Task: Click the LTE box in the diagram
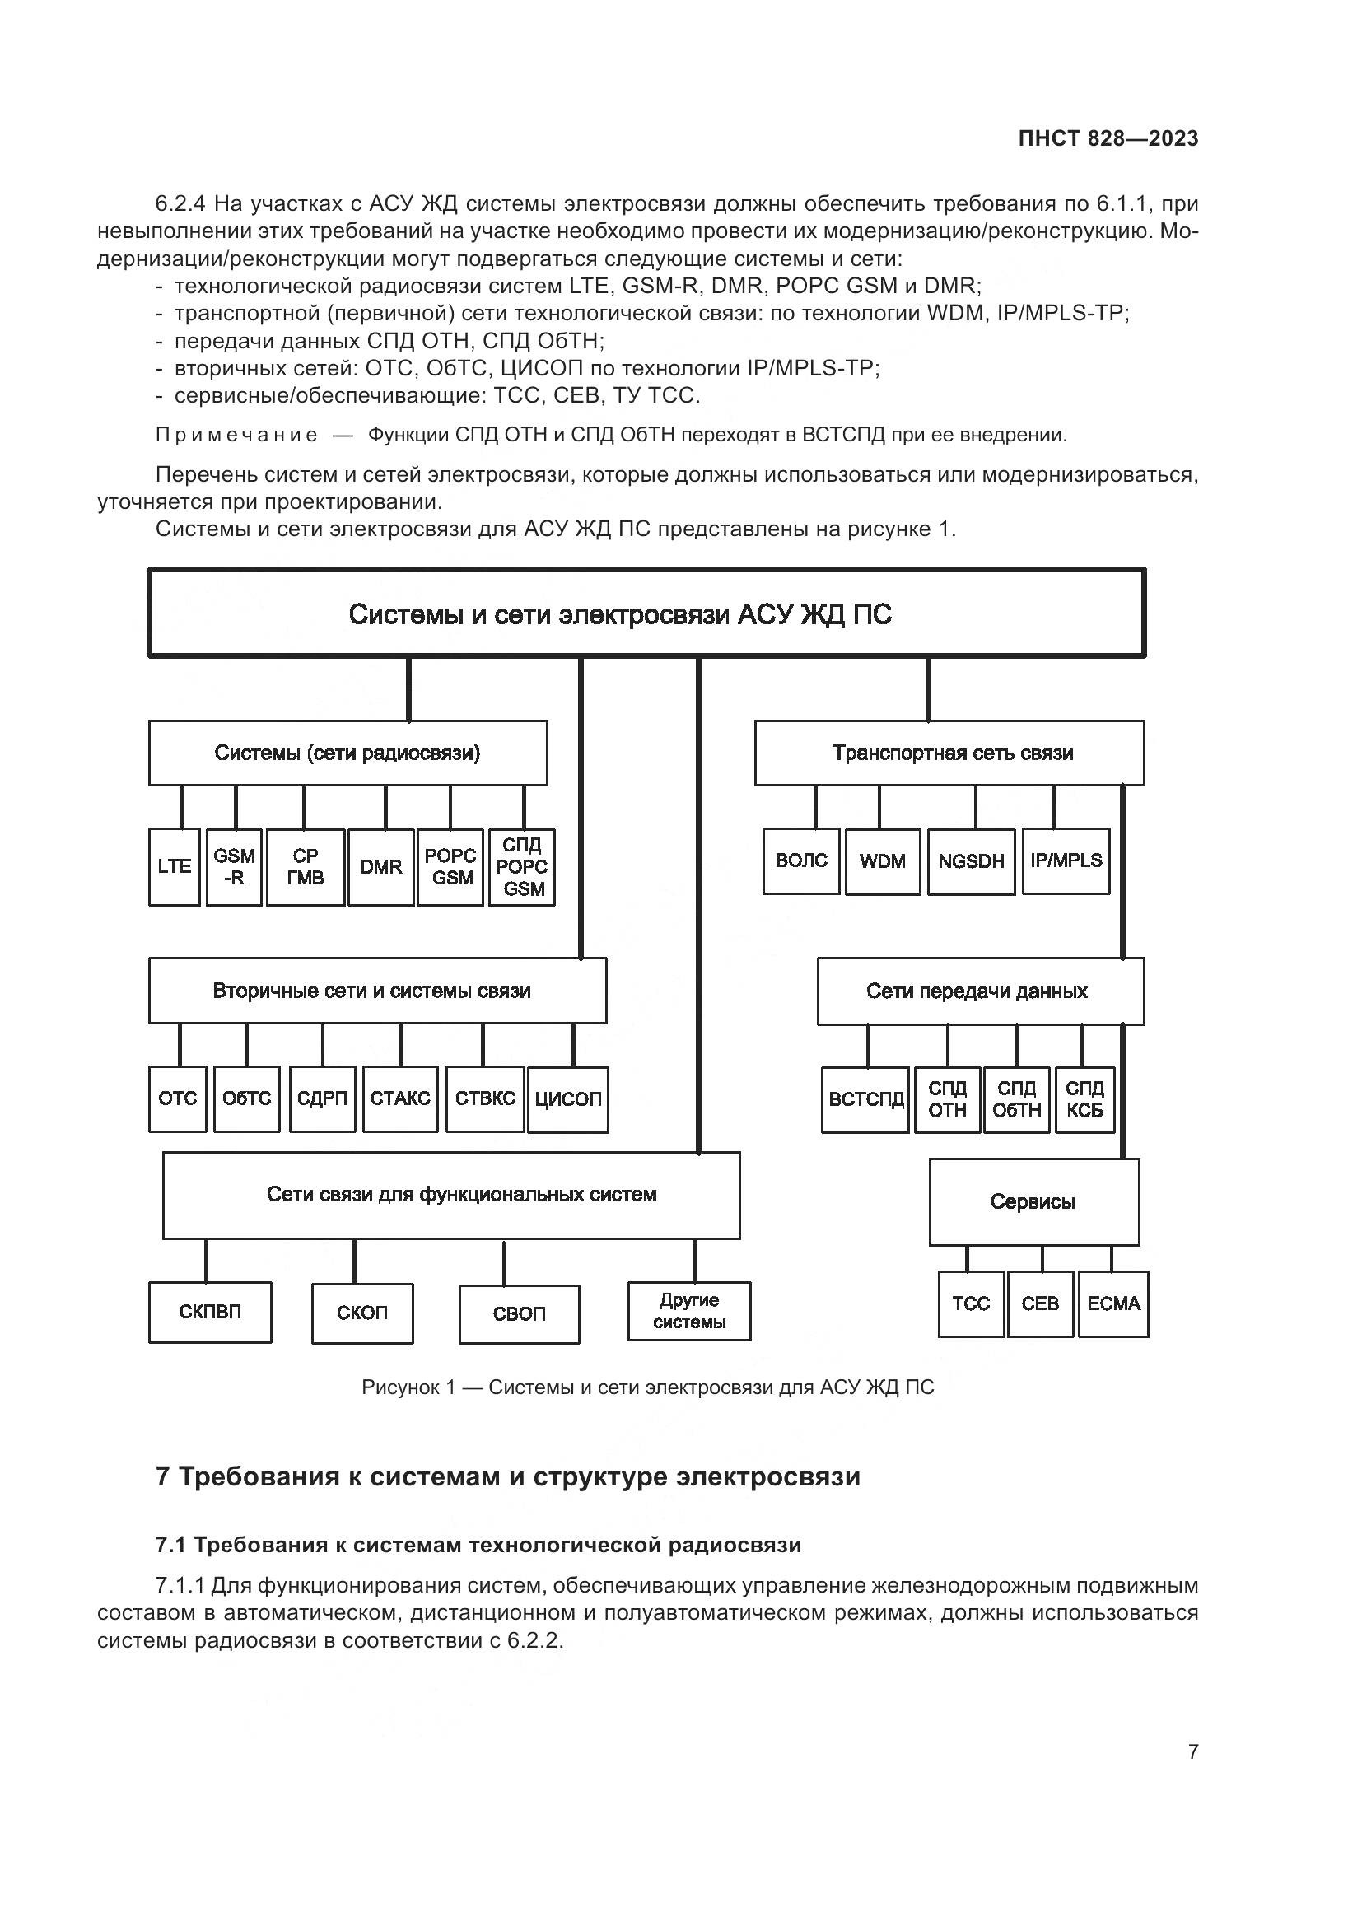click(x=175, y=866)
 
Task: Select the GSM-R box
click(x=234, y=866)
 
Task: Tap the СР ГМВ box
click(x=306, y=866)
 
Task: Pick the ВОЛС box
click(x=801, y=860)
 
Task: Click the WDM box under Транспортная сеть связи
click(x=882, y=860)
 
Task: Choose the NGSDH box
click(x=971, y=860)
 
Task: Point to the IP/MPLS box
click(x=1066, y=860)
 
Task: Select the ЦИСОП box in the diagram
click(x=568, y=1099)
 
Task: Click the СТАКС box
click(x=400, y=1099)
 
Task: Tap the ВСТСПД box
click(x=865, y=1099)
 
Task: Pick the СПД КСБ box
click(x=1084, y=1099)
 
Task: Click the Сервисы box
click(x=1033, y=1201)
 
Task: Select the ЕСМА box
click(x=1113, y=1303)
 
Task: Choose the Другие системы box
click(x=689, y=1311)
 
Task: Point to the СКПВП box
click(x=210, y=1312)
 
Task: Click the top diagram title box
click(x=646, y=613)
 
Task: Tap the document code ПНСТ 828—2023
click(x=1108, y=138)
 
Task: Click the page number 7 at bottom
click(x=1192, y=1751)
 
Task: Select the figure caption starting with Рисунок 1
click(x=646, y=1387)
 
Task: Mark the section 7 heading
click(x=507, y=1476)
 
